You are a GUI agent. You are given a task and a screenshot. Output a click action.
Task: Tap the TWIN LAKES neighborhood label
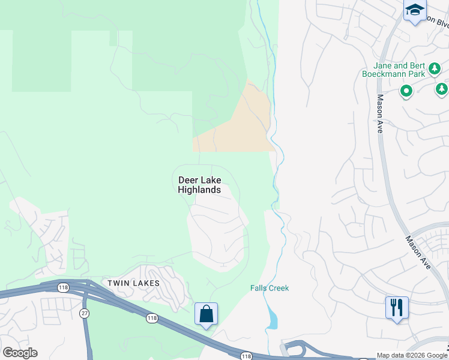[x=133, y=283]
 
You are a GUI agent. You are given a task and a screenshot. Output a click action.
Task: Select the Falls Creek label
[x=270, y=289]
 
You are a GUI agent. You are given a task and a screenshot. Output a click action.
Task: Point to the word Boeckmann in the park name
[x=386, y=74]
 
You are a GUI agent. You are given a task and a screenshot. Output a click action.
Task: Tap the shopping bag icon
[x=206, y=313]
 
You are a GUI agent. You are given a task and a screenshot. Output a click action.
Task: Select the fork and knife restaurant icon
[x=397, y=307]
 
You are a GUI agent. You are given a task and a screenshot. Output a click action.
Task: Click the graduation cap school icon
[x=415, y=10]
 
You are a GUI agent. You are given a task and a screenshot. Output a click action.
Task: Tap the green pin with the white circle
[x=406, y=92]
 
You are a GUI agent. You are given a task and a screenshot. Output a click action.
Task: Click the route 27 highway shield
[x=84, y=313]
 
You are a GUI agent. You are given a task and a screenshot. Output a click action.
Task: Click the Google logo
[x=20, y=353]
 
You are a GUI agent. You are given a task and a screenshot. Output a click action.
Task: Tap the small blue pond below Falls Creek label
[x=273, y=319]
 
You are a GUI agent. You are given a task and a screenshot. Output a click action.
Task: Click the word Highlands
[x=199, y=190]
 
